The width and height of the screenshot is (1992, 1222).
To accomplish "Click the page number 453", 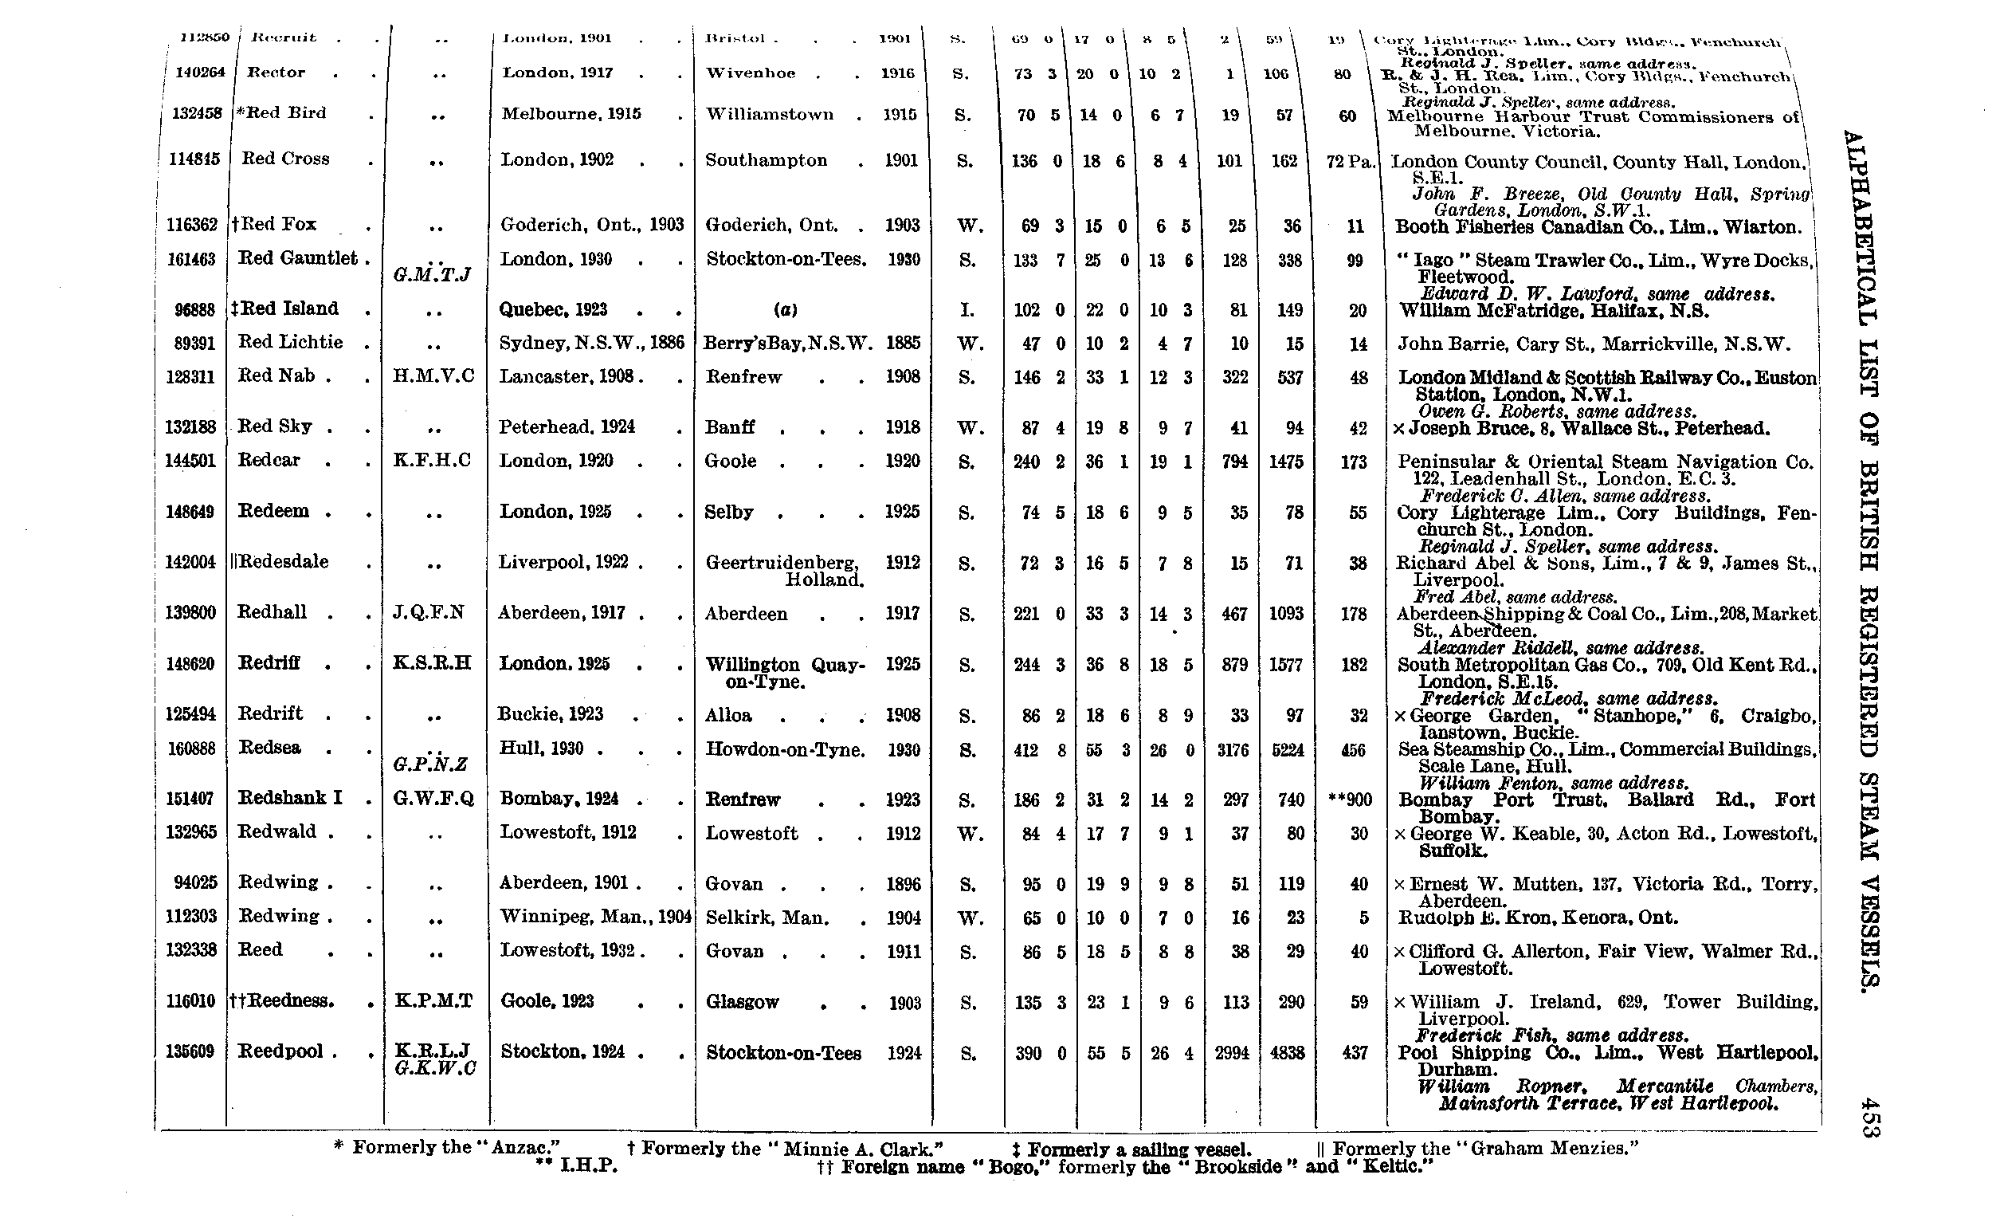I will click(1867, 1117).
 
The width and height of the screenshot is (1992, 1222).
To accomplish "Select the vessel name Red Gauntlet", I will click(297, 258).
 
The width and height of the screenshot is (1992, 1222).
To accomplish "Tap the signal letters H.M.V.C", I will click(433, 376).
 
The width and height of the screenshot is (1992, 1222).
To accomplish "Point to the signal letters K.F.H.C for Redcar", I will click(432, 460).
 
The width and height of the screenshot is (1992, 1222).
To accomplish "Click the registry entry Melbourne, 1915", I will click(571, 114).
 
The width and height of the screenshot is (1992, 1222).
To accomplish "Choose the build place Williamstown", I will click(769, 114).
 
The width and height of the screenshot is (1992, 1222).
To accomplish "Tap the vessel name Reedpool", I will click(280, 1051).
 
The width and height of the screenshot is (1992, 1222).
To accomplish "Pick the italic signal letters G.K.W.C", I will click(435, 1068).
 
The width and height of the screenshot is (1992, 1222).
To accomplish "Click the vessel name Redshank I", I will click(290, 797).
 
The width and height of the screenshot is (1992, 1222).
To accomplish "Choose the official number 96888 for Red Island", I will click(194, 310).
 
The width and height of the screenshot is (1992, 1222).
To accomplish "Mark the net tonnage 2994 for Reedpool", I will click(1231, 1053).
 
